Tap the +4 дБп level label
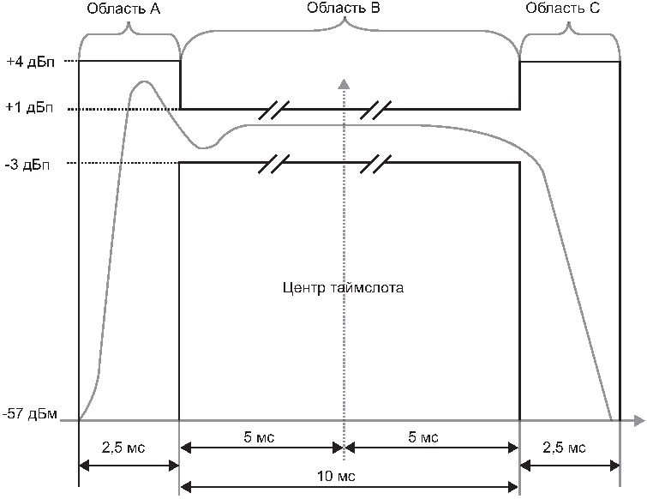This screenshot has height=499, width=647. pos(28,63)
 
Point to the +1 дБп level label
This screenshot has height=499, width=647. pos(28,110)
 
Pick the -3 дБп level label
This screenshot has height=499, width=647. pos(29,164)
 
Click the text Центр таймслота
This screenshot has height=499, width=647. pos(343,288)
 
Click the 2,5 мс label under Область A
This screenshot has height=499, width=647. pos(128,448)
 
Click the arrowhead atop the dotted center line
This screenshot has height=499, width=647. pos(344,83)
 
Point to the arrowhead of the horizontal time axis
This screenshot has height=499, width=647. pos(638,421)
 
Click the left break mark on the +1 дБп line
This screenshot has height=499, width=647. pos(277,109)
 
